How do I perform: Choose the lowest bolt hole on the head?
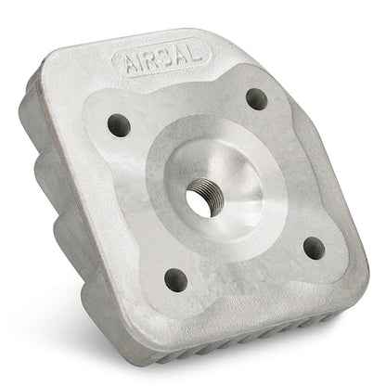(173, 277)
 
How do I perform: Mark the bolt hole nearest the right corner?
(313, 248)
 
